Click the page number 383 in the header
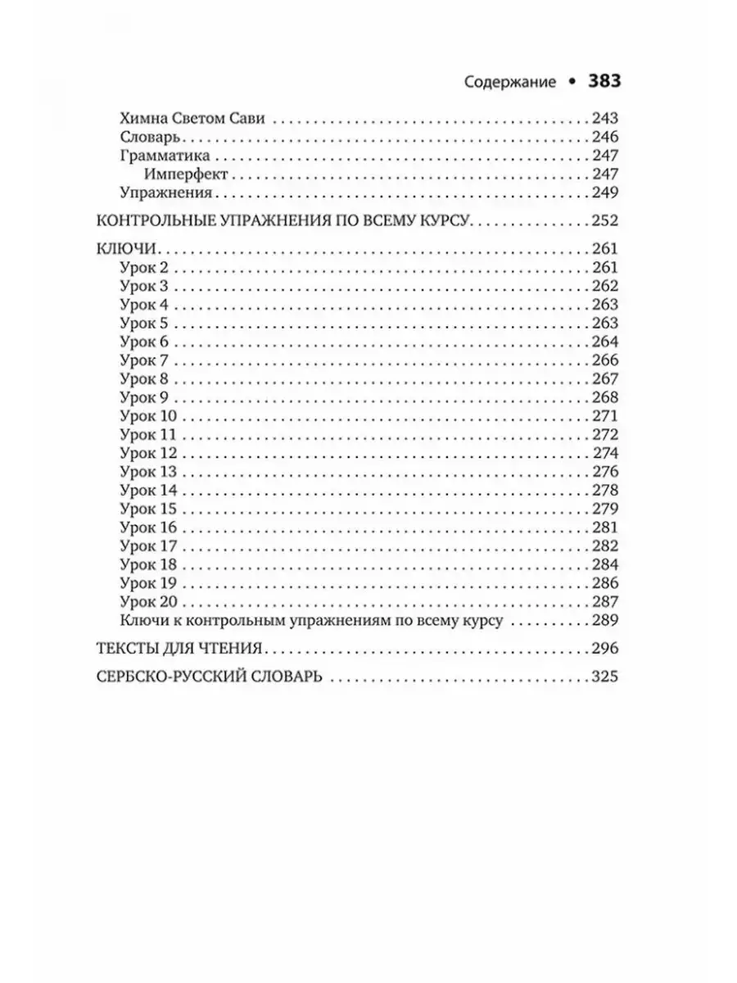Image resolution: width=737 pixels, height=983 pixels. click(602, 82)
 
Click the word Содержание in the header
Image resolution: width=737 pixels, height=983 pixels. click(510, 83)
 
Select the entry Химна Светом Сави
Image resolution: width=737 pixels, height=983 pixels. click(192, 117)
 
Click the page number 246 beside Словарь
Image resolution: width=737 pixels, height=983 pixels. click(603, 136)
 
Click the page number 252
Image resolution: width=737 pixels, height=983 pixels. click(603, 220)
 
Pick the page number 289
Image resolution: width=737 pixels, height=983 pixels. click(603, 620)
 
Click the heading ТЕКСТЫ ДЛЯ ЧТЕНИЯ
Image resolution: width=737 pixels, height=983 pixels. click(179, 649)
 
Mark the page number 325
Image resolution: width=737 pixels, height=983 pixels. click(603, 677)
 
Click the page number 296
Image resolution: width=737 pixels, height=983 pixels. click(603, 649)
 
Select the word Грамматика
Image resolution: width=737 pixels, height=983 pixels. click(165, 155)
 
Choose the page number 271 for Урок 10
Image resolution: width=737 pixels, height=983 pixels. click(603, 417)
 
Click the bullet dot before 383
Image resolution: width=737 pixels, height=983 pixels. click(571, 83)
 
